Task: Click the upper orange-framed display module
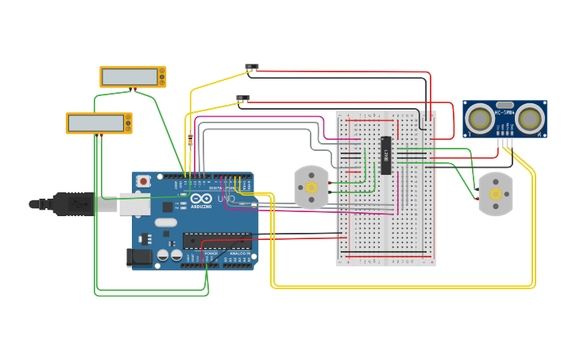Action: point(133,77)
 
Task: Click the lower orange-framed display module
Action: point(99,123)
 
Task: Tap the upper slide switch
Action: point(252,67)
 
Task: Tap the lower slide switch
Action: point(243,99)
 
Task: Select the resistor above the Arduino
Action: point(190,141)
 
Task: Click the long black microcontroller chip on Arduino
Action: point(217,240)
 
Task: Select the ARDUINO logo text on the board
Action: point(201,206)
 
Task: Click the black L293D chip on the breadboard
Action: point(386,155)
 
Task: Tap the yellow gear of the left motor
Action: point(311,188)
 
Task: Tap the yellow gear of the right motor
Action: point(496,194)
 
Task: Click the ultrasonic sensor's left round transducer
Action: point(479,119)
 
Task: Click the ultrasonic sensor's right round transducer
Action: point(530,119)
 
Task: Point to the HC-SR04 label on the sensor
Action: point(504,113)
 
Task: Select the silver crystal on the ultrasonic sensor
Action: point(504,104)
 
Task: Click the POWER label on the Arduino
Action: point(211,254)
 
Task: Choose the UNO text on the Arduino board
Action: point(226,199)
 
